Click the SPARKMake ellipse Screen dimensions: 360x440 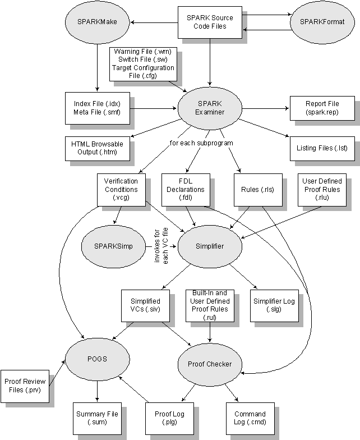98,22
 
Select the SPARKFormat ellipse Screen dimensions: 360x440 322,22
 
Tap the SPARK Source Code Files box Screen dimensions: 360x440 210,22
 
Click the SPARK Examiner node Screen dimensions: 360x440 210,108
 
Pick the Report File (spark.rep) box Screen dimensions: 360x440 322,108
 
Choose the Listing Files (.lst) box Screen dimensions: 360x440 322,148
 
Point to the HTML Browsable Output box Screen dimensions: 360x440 98,148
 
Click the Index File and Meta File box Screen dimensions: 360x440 98,108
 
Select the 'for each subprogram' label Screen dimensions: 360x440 201,143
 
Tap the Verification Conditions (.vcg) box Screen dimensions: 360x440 121,190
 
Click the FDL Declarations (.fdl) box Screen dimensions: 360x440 186,190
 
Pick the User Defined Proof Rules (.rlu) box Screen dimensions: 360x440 322,190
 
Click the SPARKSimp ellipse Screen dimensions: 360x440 113,246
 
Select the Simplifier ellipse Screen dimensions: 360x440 210,246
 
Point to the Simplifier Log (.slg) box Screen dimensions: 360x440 274,305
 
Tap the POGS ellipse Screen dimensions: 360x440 98,359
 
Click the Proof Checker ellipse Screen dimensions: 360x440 210,364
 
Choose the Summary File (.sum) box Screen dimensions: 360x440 98,419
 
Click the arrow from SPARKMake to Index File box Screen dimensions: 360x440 98,67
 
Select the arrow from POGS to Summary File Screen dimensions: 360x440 98,391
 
